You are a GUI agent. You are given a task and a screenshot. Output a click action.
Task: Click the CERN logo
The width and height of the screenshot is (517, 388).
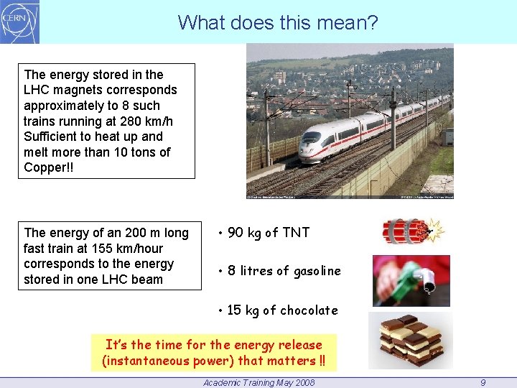pyautogui.click(x=19, y=22)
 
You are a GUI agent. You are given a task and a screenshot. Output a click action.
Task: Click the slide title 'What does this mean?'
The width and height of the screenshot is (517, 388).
pyautogui.click(x=277, y=23)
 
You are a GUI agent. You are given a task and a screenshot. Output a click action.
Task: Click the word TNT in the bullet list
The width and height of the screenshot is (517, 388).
pyautogui.click(x=296, y=233)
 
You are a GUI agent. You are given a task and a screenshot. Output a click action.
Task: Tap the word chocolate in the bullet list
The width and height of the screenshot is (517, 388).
pyautogui.click(x=309, y=310)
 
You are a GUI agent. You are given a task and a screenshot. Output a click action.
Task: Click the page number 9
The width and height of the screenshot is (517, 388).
pyautogui.click(x=483, y=383)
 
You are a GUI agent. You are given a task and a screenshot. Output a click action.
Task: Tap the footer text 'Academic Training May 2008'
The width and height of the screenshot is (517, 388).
pyautogui.click(x=258, y=383)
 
